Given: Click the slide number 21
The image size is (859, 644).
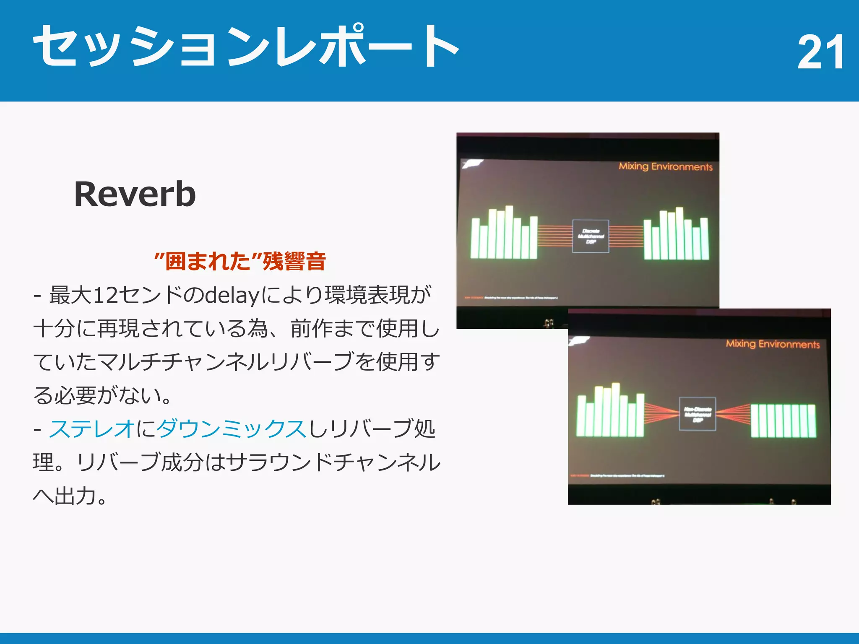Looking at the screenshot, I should pyautogui.click(x=820, y=52).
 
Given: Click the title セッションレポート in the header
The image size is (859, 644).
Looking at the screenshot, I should pyautogui.click(x=246, y=46).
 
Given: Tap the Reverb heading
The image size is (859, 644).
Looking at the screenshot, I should pyautogui.click(x=135, y=194).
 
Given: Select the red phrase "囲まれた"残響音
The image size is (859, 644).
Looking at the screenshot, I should pyautogui.click(x=240, y=261).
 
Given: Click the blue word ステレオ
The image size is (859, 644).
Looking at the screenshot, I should pyautogui.click(x=92, y=429).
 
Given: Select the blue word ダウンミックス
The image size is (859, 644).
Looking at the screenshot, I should pyautogui.click(x=232, y=429).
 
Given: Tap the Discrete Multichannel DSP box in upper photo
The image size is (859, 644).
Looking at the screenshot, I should pyautogui.click(x=591, y=236).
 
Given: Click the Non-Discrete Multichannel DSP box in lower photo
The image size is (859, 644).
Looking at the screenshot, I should pyautogui.click(x=698, y=414).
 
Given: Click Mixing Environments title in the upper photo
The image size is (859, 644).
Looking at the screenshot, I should pyautogui.click(x=666, y=166).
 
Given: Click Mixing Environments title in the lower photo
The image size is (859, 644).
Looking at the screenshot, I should pyautogui.click(x=773, y=344).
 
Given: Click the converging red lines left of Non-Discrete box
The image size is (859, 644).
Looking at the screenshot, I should pyautogui.click(x=661, y=413).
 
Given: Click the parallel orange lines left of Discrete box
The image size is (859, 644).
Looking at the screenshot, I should pyautogui.click(x=555, y=236).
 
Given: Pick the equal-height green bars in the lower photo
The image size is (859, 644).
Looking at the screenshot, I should pyautogui.click(x=783, y=421).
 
